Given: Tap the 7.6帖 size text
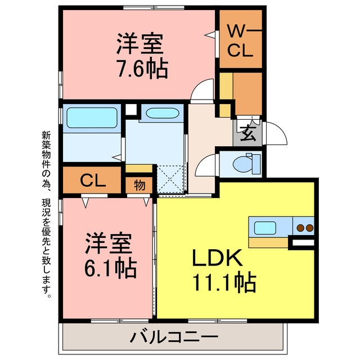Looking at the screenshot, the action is click(142, 69).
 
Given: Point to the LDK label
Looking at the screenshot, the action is click(217, 258).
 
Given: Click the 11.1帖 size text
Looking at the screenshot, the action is click(224, 282).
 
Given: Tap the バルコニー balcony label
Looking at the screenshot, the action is click(174, 337).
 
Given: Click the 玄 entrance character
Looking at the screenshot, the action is click(248, 134).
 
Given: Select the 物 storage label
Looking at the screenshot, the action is click(139, 185).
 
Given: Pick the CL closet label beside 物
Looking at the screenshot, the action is click(93, 181).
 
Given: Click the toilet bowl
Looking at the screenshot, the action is click(244, 164).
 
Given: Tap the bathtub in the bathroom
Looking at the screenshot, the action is click(92, 118).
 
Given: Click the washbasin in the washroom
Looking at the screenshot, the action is click(163, 113).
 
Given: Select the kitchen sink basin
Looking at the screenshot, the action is click(265, 228).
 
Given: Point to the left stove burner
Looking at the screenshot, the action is click(300, 228).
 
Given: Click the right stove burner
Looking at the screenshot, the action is click(309, 228).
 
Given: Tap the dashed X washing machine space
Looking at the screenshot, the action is click(170, 179).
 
